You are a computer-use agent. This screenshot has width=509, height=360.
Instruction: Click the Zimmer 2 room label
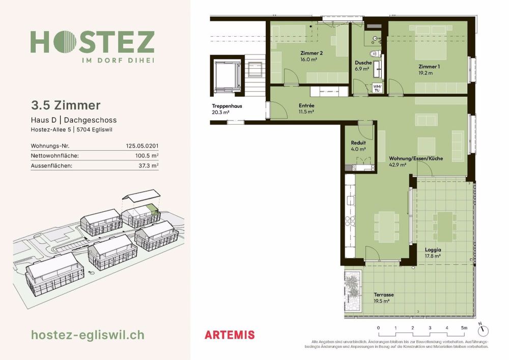(x=312, y=53)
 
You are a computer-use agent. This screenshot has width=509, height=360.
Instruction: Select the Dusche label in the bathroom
(x=363, y=63)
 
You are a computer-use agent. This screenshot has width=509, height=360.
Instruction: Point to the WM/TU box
(x=377, y=89)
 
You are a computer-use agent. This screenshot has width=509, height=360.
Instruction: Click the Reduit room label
(x=358, y=143)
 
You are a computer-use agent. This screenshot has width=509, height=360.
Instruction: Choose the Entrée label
(x=306, y=106)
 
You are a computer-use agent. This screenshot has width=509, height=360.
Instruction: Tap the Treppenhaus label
(x=227, y=106)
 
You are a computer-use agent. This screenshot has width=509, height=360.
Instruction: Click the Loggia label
(x=433, y=250)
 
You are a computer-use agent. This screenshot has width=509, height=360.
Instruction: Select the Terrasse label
(x=383, y=295)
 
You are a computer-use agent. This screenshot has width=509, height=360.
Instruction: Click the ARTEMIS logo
(x=229, y=335)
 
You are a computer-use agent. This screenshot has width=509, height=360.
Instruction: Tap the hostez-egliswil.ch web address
(x=88, y=335)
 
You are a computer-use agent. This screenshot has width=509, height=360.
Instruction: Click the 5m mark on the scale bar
(x=463, y=327)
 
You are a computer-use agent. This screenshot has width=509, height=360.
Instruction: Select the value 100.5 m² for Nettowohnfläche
(x=148, y=155)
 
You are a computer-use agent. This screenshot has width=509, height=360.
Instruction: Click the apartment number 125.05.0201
(x=142, y=146)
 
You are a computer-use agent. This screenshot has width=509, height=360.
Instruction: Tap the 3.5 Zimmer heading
(x=66, y=105)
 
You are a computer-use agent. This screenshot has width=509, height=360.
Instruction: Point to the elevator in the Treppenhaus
(x=224, y=76)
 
